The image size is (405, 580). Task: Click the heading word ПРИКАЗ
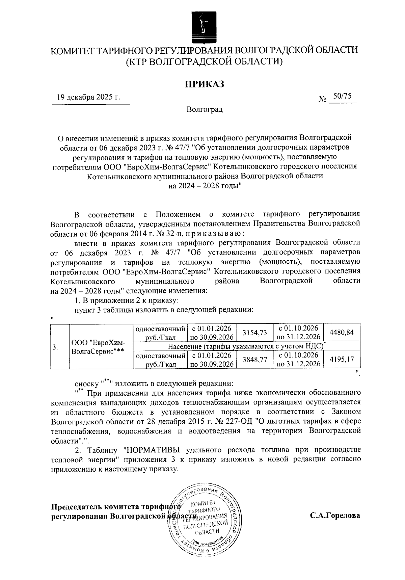pyautogui.click(x=204, y=84)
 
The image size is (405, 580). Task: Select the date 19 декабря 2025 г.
pyautogui.click(x=88, y=97)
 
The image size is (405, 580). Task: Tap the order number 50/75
pyautogui.click(x=342, y=96)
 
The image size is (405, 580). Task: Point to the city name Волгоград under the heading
pyautogui.click(x=204, y=109)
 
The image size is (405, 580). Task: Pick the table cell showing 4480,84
pyautogui.click(x=342, y=333)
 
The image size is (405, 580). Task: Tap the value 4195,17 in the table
pyautogui.click(x=342, y=360)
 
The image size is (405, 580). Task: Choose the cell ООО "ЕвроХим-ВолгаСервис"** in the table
pyautogui.click(x=98, y=346)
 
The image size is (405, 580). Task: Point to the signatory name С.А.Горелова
pyautogui.click(x=335, y=516)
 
